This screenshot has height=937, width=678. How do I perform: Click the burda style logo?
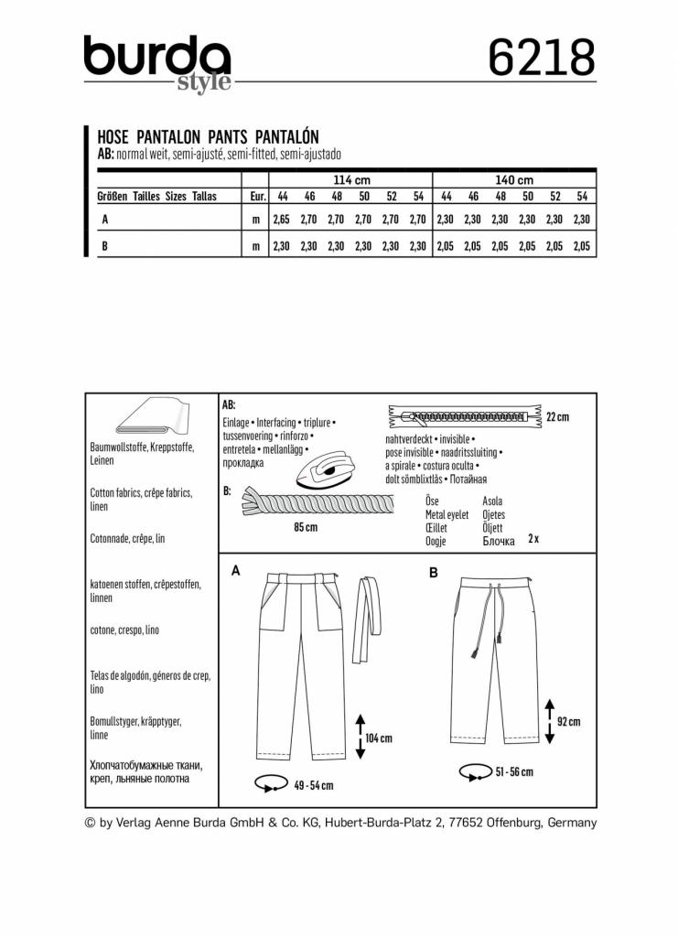click(156, 62)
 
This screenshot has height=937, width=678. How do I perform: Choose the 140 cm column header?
click(514, 180)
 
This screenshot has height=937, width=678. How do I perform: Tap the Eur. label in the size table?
click(257, 197)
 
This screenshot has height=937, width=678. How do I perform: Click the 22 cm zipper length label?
click(556, 417)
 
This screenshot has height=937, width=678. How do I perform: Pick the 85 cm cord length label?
click(306, 528)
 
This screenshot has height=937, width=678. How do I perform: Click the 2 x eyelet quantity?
click(533, 539)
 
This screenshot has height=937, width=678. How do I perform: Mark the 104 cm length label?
click(379, 738)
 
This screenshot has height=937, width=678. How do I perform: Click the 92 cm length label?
click(568, 722)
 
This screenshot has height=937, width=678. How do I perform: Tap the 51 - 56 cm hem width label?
click(513, 772)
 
